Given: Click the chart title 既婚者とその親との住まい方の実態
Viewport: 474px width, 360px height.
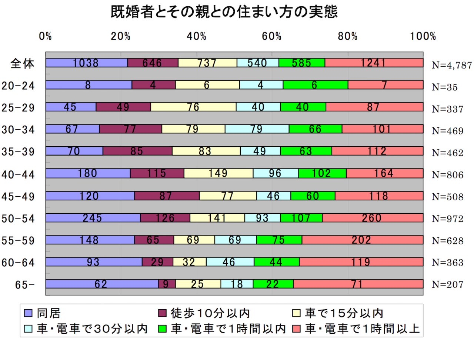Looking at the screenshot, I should coord(224,12).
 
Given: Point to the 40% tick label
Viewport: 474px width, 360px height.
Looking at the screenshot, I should coord(196,36).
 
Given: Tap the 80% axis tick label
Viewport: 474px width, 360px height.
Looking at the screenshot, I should coord(347,36).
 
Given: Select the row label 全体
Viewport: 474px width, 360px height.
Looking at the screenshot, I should coord(22,63).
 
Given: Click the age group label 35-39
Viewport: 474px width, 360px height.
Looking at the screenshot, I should coord(18,152).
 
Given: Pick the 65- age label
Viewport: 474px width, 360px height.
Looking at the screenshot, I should coord(25,285).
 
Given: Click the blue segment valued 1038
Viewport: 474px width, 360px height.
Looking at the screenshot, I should coord(86,63).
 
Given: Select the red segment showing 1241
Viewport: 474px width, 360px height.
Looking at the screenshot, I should coord(374,63).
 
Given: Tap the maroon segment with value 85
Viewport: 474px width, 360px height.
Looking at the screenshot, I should coord(137,151).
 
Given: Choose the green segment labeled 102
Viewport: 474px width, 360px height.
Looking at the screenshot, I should coord(322,173).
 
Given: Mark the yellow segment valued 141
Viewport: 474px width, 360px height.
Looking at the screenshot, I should coord(217,218).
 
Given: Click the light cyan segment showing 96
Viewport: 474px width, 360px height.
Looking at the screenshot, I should coord(276,173).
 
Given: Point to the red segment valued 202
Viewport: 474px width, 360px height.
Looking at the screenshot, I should coord(362,240).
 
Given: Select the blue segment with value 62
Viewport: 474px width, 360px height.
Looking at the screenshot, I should coord(102,284).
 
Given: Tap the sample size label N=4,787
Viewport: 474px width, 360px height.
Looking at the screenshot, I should coord(452,65).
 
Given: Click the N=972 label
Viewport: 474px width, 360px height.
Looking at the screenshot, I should coord(447,219).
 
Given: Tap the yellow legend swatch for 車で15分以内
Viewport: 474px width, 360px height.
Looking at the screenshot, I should coord(296,313).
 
